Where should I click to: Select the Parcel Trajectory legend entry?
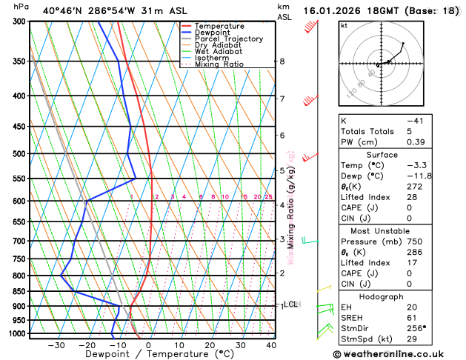tap(228, 39)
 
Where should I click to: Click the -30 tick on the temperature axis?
tap(56, 345)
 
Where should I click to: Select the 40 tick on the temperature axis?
tap(271, 345)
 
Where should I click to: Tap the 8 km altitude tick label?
tap(282, 61)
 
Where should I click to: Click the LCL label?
tap(291, 304)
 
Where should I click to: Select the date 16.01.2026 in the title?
tap(333, 10)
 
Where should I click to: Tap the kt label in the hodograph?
tap(344, 25)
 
